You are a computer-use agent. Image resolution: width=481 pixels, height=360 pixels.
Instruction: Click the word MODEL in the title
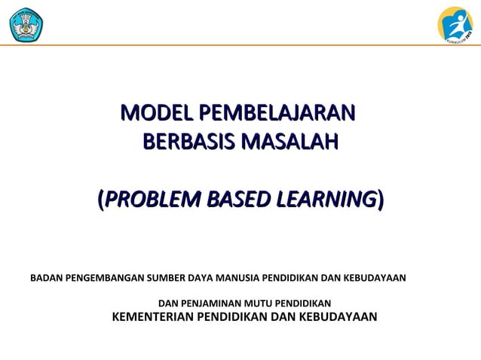[x=149, y=114]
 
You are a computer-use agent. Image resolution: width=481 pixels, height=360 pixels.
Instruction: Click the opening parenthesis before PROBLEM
[x=101, y=200]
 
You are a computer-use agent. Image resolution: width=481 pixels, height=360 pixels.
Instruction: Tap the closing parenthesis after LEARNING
[x=380, y=200]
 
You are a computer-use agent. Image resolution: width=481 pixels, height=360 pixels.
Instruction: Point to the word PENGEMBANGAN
[x=105, y=278]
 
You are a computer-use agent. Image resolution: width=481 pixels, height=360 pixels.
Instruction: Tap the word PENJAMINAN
[x=212, y=303]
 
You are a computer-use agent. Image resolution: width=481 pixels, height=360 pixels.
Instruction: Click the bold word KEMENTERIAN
[x=152, y=316]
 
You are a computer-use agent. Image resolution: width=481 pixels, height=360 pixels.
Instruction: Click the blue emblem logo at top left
[x=26, y=23]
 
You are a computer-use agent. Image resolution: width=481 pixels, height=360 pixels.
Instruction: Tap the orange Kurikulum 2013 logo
[x=455, y=23]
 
